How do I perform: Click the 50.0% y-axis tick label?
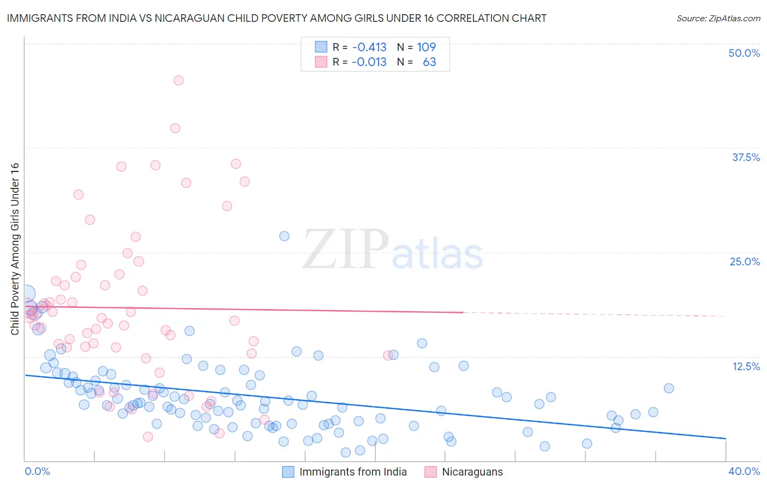[744, 53]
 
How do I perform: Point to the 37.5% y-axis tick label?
[746, 157]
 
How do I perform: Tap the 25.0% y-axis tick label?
[745, 262]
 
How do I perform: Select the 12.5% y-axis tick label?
[746, 366]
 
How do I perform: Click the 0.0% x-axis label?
[37, 471]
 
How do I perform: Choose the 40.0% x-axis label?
[744, 471]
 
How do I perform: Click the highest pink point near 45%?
[178, 80]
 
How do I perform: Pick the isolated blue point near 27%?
[284, 236]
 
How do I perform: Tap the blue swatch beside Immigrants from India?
[288, 472]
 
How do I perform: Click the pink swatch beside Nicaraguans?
[431, 472]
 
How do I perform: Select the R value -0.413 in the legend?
[369, 47]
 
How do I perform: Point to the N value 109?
[426, 47]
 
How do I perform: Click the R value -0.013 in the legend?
[369, 62]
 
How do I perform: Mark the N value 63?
[429, 62]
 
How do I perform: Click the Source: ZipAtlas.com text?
[718, 18]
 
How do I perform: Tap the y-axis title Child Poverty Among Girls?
[15, 249]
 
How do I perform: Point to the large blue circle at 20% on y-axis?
[26, 294]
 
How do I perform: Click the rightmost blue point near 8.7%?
[669, 388]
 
